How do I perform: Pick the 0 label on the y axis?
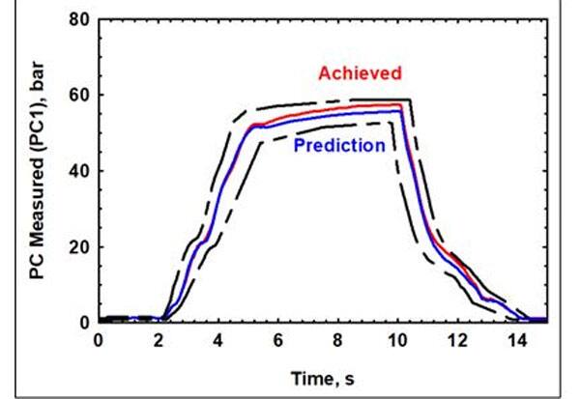(85, 322)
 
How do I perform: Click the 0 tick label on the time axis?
(99, 340)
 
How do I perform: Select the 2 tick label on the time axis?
(158, 340)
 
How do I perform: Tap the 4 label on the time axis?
(217, 340)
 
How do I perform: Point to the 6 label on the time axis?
(277, 340)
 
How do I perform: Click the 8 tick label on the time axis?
(337, 340)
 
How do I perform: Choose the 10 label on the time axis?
(397, 340)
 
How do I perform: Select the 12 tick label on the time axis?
(457, 340)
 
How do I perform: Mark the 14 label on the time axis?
(517, 340)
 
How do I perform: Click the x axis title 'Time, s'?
(322, 372)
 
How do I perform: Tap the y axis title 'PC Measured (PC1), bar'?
(38, 171)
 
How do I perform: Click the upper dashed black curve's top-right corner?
(412, 100)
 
